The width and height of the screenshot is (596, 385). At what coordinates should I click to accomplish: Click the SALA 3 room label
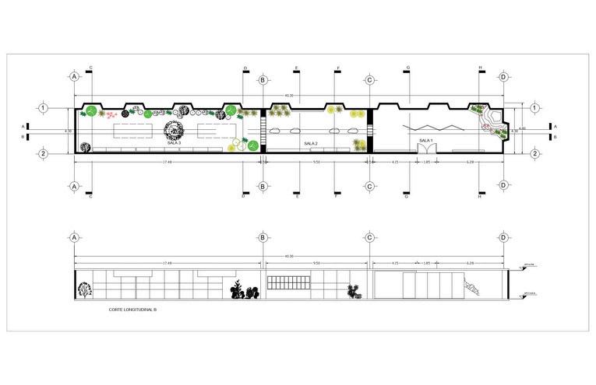pos(174,143)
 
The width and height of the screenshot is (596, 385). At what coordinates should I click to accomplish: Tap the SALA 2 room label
pos(311,144)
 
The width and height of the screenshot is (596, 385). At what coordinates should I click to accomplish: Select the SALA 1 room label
pos(425,140)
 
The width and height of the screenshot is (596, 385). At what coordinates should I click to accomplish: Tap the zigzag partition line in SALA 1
pos(425,128)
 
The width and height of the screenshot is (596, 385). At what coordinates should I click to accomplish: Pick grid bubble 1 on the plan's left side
pos(44,108)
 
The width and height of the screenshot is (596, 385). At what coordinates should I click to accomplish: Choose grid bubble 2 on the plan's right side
pos(535,153)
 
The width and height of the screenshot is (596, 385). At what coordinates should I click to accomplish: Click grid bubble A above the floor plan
pos(74,78)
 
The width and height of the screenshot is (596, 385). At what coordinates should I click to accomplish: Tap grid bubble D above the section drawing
pos(504,238)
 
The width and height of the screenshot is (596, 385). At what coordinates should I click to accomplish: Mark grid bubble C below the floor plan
pos(369,186)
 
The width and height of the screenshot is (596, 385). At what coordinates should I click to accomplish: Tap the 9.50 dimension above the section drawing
pos(316,264)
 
